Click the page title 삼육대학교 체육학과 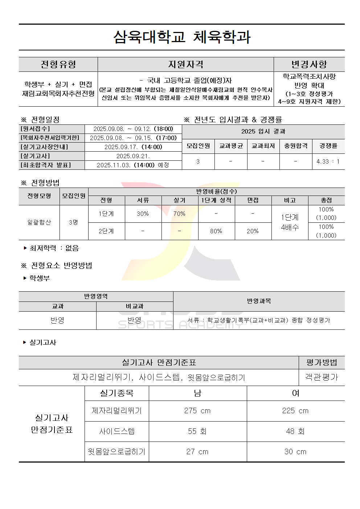(x=182, y=37)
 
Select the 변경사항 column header (x=309, y=65)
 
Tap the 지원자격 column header (x=185, y=65)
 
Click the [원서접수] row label (x=36, y=129)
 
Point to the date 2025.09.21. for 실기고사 (x=133, y=156)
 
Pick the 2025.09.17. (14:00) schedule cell (x=133, y=147)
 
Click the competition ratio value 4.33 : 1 (x=328, y=161)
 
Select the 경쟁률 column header (x=328, y=146)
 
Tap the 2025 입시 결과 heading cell (x=263, y=131)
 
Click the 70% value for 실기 (x=179, y=214)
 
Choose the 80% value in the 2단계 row (x=216, y=231)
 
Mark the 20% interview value (x=253, y=231)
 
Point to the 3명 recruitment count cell (x=74, y=222)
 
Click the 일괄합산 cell (x=39, y=222)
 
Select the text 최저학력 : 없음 (x=54, y=248)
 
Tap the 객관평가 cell (x=322, y=377)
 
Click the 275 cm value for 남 (x=197, y=411)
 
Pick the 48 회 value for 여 (x=295, y=431)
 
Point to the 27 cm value (x=197, y=452)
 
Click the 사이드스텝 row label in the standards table (x=117, y=431)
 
